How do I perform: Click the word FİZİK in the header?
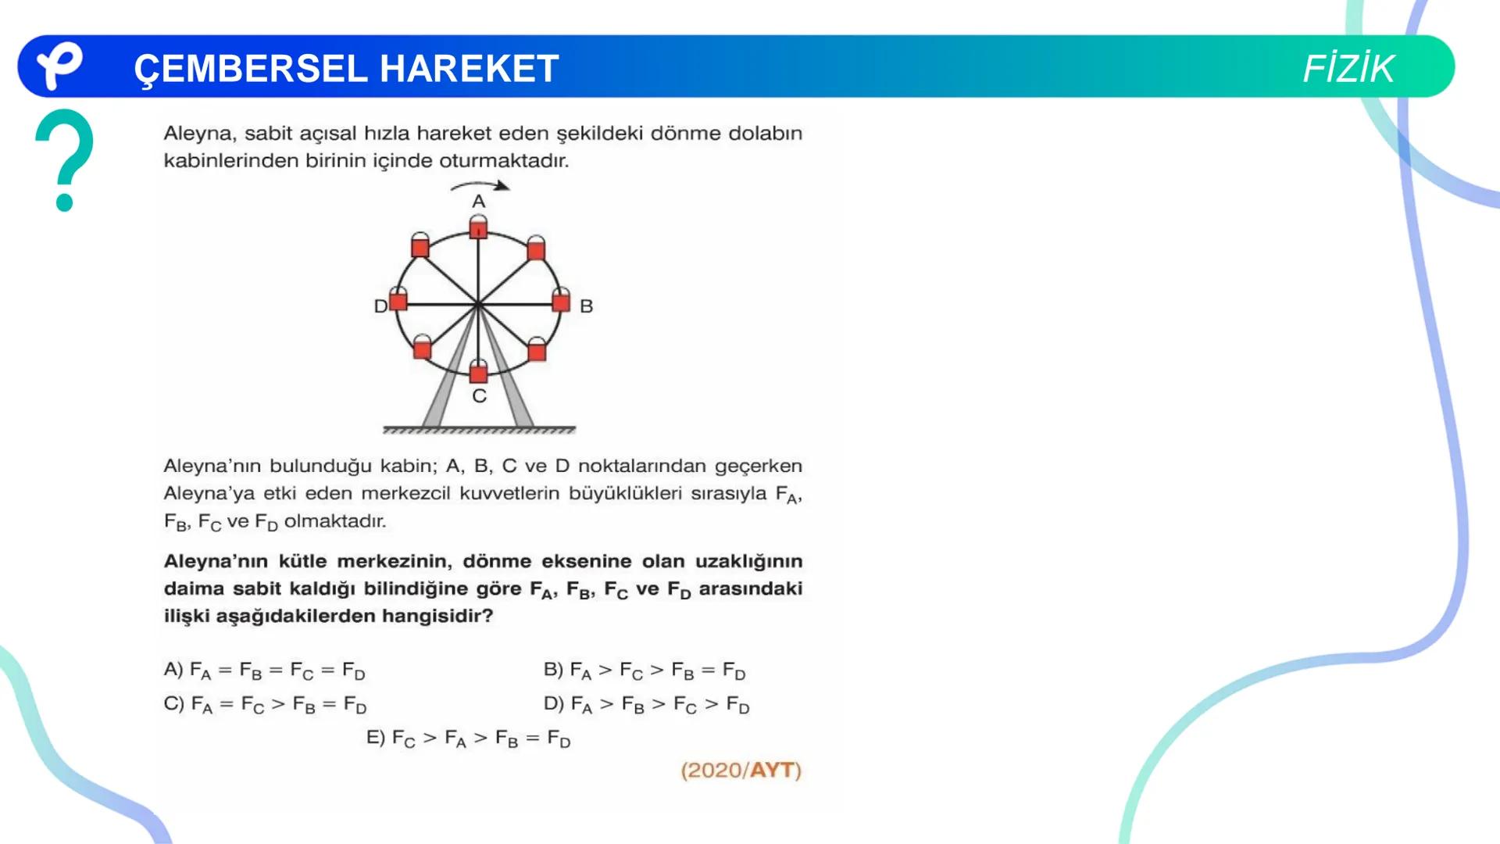click(1348, 69)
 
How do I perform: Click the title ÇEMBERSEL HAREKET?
click(346, 69)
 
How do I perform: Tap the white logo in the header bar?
click(60, 66)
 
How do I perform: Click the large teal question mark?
click(64, 160)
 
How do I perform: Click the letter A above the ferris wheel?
click(479, 202)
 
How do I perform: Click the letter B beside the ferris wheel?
click(587, 306)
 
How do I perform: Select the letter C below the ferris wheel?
click(479, 396)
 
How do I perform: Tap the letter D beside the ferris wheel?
click(380, 306)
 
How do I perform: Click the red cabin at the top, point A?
click(478, 229)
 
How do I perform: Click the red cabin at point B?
click(561, 302)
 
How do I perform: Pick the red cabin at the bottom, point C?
click(478, 373)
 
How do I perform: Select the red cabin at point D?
click(398, 301)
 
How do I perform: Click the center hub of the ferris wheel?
click(478, 304)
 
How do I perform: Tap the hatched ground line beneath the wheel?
click(479, 430)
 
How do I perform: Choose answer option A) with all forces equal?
click(264, 671)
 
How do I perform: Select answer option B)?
click(645, 671)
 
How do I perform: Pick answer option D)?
click(646, 705)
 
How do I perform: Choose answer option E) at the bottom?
click(468, 738)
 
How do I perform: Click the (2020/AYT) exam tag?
click(741, 771)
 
